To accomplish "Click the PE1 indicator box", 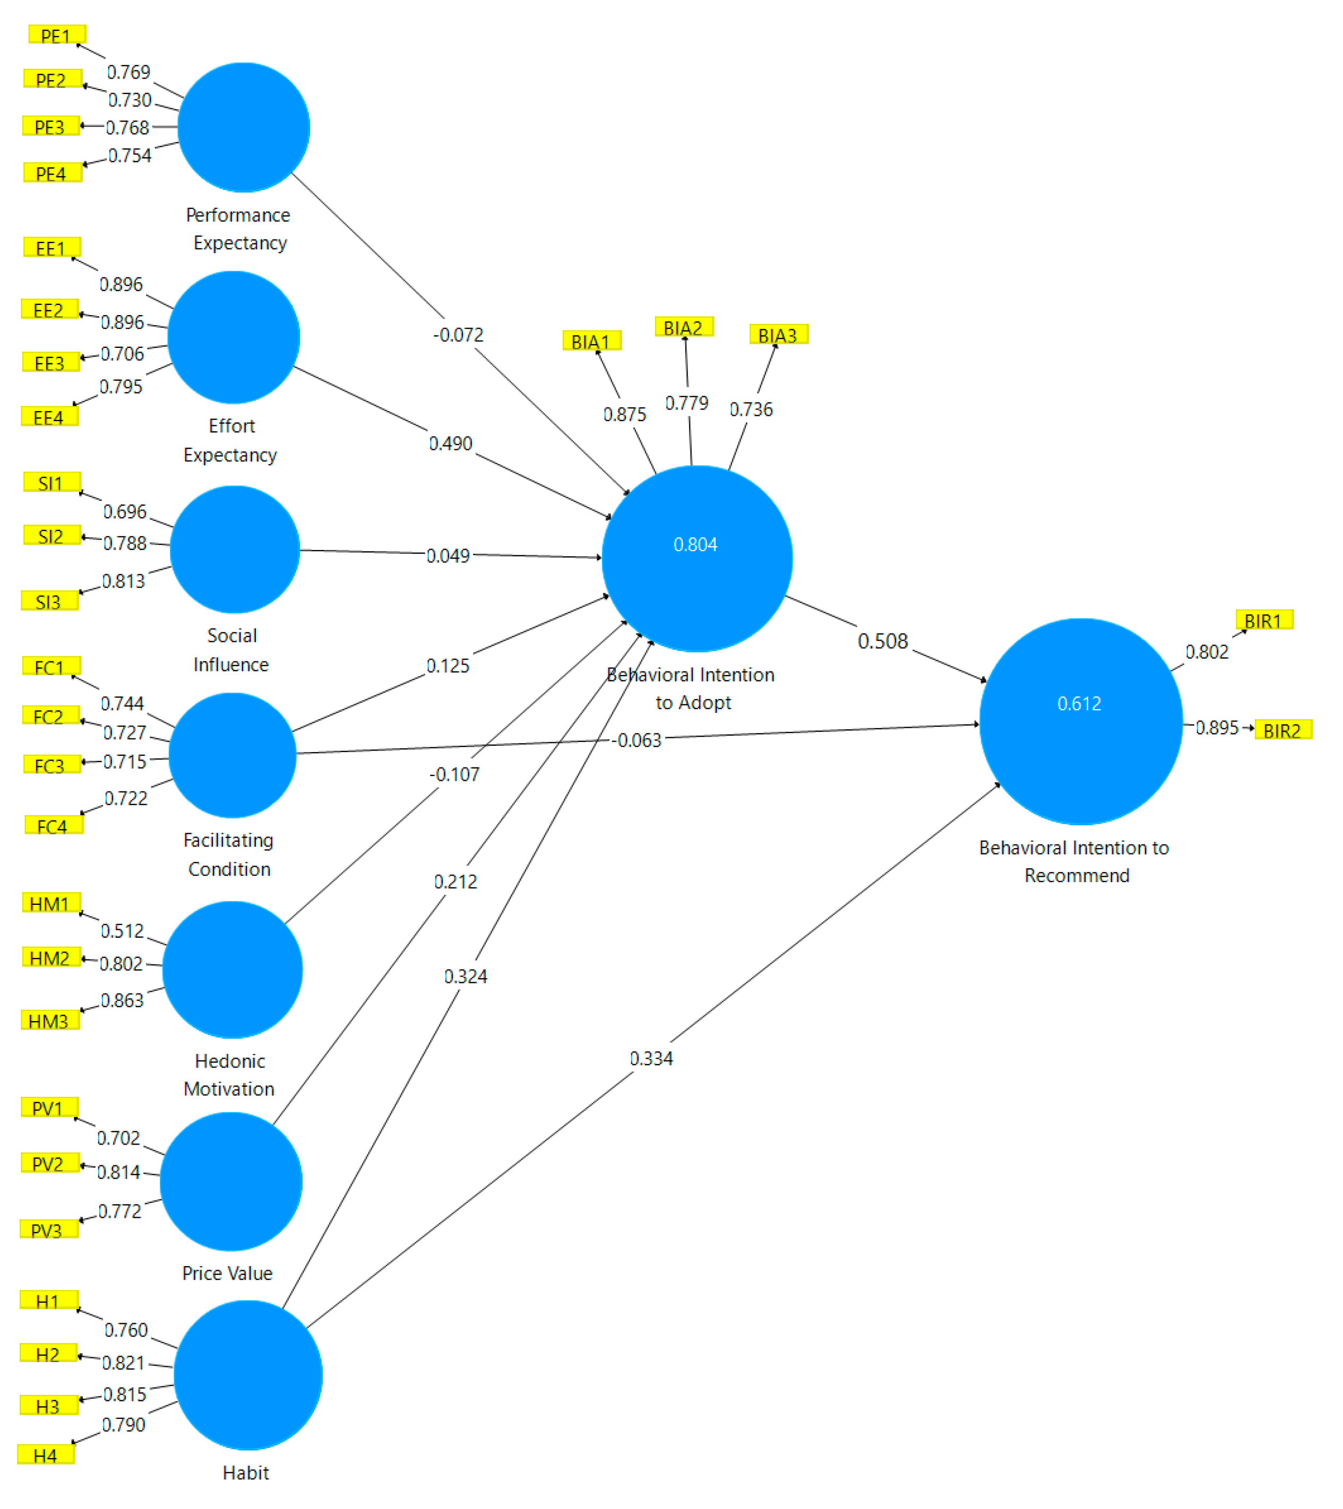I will click(57, 34).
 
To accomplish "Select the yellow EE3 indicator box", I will click(50, 362).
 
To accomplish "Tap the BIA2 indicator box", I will click(683, 327).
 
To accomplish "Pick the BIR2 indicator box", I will click(1282, 730).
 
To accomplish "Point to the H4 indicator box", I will click(46, 1455).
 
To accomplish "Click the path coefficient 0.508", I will click(883, 641).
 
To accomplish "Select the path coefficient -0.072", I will click(458, 335).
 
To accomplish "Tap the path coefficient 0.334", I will click(651, 1058).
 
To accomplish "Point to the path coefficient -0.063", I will click(638, 740).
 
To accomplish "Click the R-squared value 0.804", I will click(695, 544).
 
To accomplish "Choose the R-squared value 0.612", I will click(1079, 703).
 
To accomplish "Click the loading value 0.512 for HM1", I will click(122, 930).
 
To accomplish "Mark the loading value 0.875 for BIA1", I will click(624, 414).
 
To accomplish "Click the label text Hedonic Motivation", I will click(229, 1074).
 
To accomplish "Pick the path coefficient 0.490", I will click(451, 443).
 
